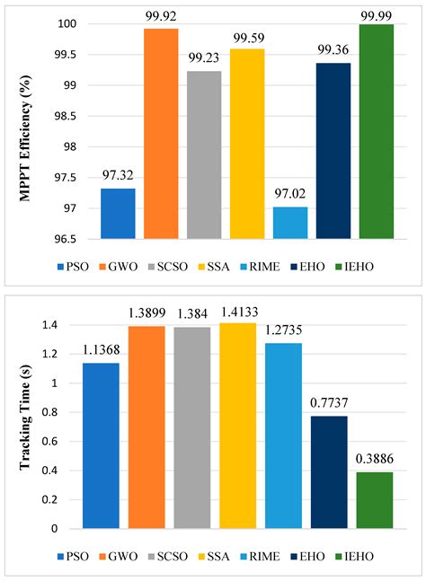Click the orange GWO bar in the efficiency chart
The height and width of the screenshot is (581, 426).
pyautogui.click(x=161, y=134)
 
